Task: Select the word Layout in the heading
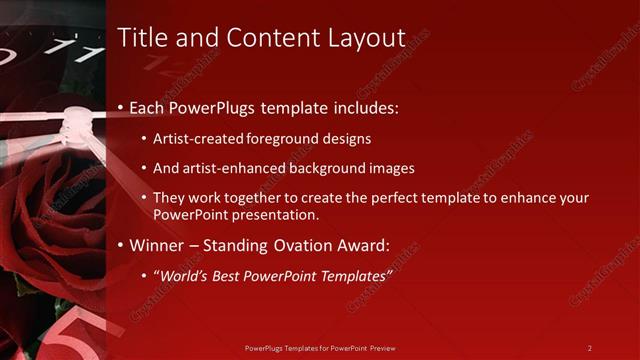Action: coord(367,39)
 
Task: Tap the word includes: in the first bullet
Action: coord(363,106)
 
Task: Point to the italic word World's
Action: coord(185,275)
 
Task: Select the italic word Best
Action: coord(231,275)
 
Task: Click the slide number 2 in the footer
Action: coord(589,348)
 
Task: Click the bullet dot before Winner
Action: coord(122,245)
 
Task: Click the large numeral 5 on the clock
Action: coord(72,335)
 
